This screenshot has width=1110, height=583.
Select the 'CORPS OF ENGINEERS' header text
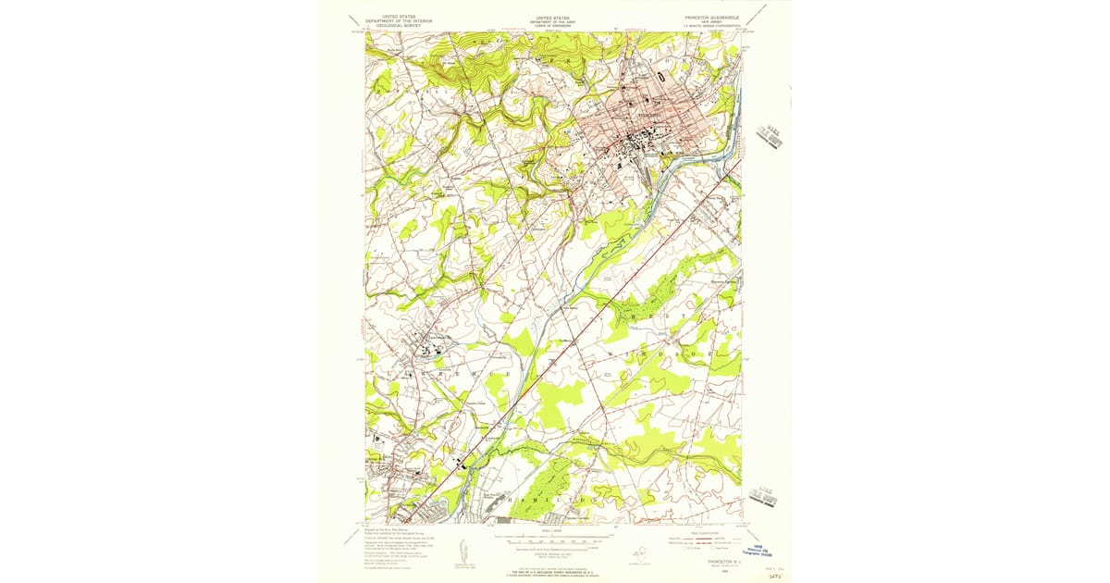[x=553, y=26]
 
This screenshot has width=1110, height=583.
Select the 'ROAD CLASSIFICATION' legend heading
[x=700, y=531]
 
